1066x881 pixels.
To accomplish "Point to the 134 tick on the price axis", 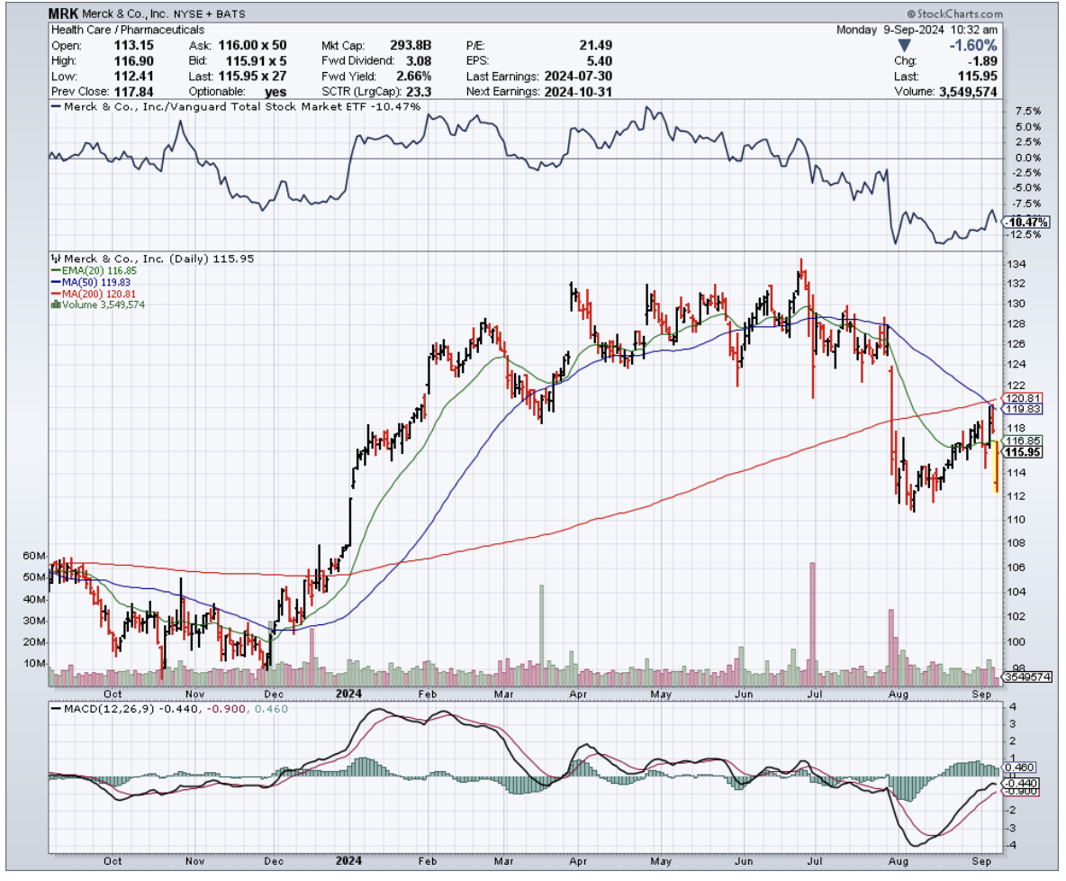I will [1015, 265].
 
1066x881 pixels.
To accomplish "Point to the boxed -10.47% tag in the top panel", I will [1027, 222].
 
